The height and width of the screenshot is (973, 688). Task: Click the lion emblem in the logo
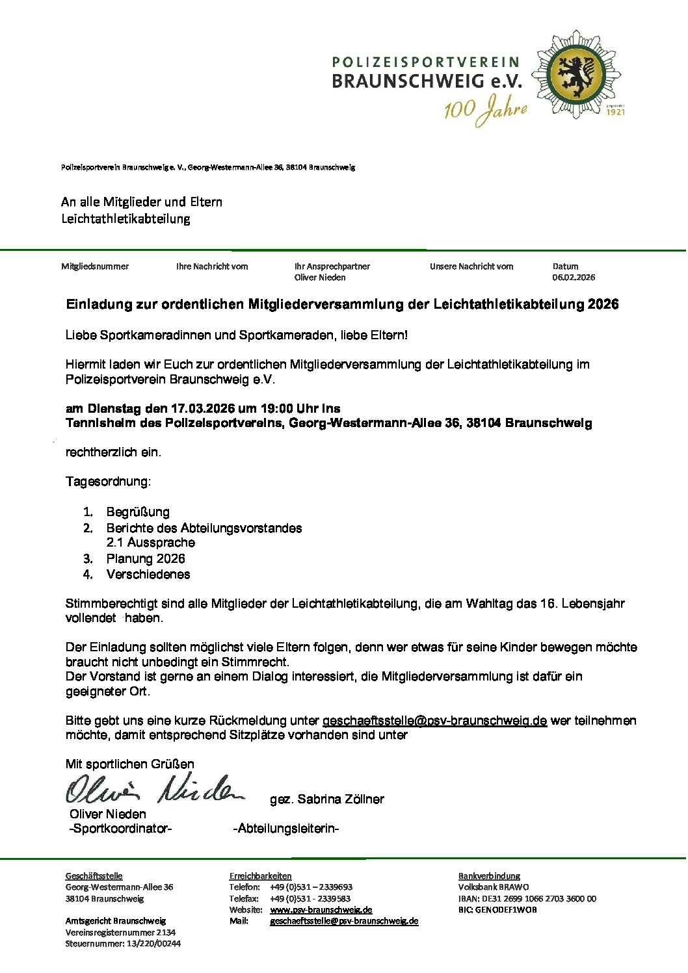click(576, 75)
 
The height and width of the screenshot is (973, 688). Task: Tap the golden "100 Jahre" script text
click(485, 110)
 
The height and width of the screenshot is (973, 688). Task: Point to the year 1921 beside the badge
click(615, 112)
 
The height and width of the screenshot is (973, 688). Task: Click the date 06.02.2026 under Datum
click(574, 278)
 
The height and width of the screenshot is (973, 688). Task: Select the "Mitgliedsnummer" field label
click(95, 266)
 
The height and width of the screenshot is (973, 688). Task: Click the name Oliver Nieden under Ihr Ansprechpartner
click(320, 278)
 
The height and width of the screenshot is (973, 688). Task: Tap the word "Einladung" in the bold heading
click(98, 304)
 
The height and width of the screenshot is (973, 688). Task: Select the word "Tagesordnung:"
click(108, 482)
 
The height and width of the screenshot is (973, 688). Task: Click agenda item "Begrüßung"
click(138, 512)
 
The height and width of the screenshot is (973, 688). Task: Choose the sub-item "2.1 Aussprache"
click(150, 543)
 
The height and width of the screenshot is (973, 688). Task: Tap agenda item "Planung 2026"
click(146, 559)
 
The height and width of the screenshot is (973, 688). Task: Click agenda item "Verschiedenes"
click(148, 575)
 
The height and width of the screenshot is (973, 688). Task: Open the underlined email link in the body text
click(434, 721)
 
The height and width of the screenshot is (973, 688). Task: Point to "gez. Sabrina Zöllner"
click(327, 799)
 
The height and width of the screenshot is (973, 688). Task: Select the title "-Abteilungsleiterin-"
click(286, 829)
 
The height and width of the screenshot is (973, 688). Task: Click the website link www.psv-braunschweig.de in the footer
click(321, 910)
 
